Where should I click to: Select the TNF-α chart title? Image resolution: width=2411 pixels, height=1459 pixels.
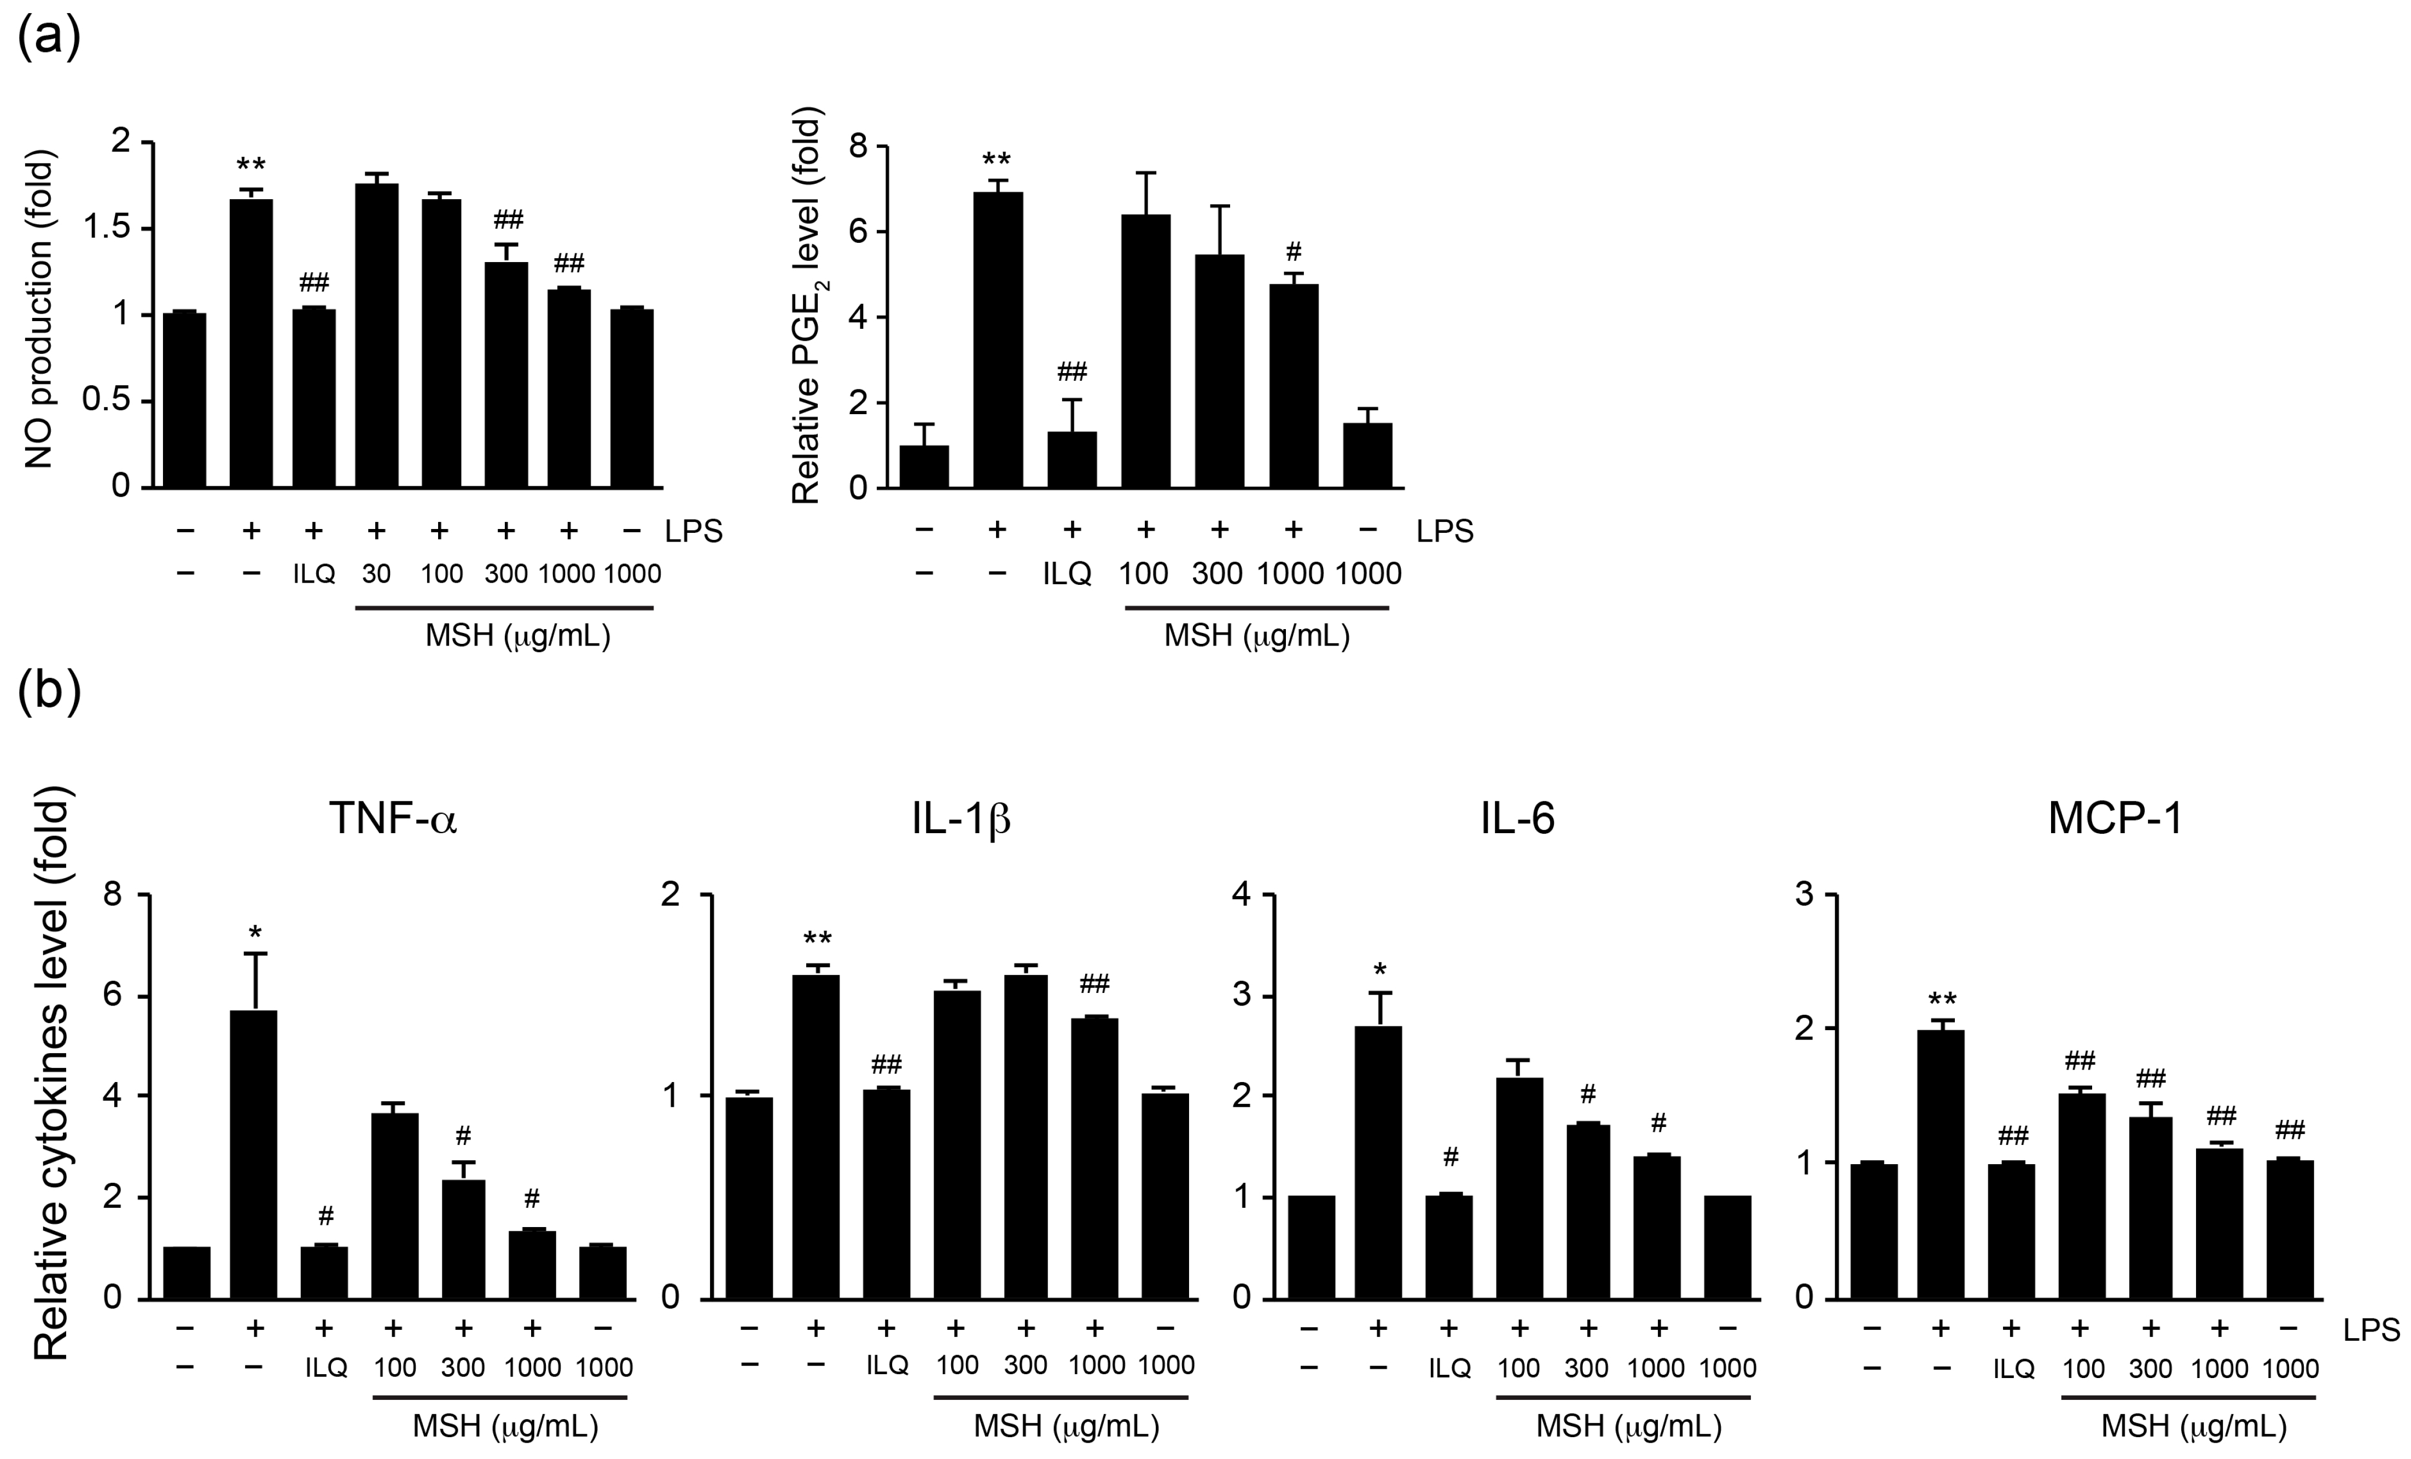tap(393, 818)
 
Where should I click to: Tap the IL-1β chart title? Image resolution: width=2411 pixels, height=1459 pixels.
tap(961, 818)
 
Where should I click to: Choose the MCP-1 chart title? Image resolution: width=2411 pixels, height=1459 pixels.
tap(2116, 818)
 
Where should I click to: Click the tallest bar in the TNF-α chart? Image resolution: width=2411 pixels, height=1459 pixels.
tap(253, 1155)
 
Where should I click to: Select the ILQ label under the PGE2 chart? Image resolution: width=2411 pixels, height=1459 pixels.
tap(1067, 573)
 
